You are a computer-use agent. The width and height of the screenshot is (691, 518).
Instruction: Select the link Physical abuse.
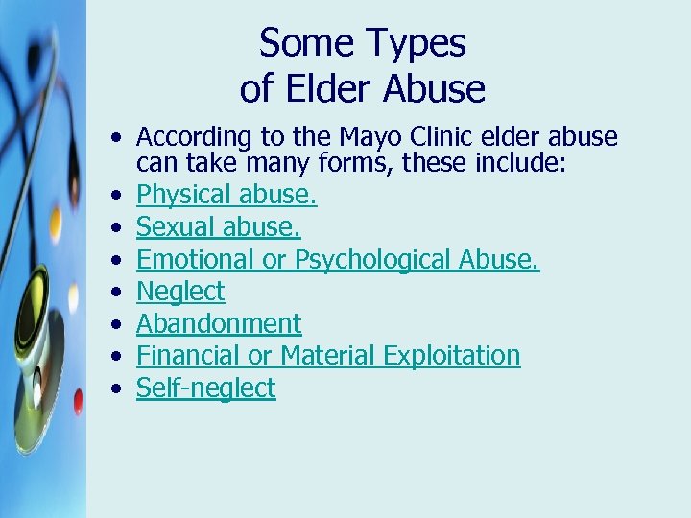pos(226,196)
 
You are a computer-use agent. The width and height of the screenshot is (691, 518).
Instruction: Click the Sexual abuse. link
pos(219,227)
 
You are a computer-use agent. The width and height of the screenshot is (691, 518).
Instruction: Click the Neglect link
pos(180,292)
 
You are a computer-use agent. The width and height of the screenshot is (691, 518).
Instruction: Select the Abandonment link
pos(219,323)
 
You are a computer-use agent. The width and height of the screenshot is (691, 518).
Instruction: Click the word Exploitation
pos(452,356)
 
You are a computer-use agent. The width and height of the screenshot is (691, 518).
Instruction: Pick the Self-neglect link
pos(205,388)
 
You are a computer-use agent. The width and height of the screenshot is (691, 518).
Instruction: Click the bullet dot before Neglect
pos(115,292)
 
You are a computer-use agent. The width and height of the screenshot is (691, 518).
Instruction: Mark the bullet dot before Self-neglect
pos(115,388)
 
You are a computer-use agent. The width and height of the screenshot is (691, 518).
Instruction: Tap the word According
pos(189,138)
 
